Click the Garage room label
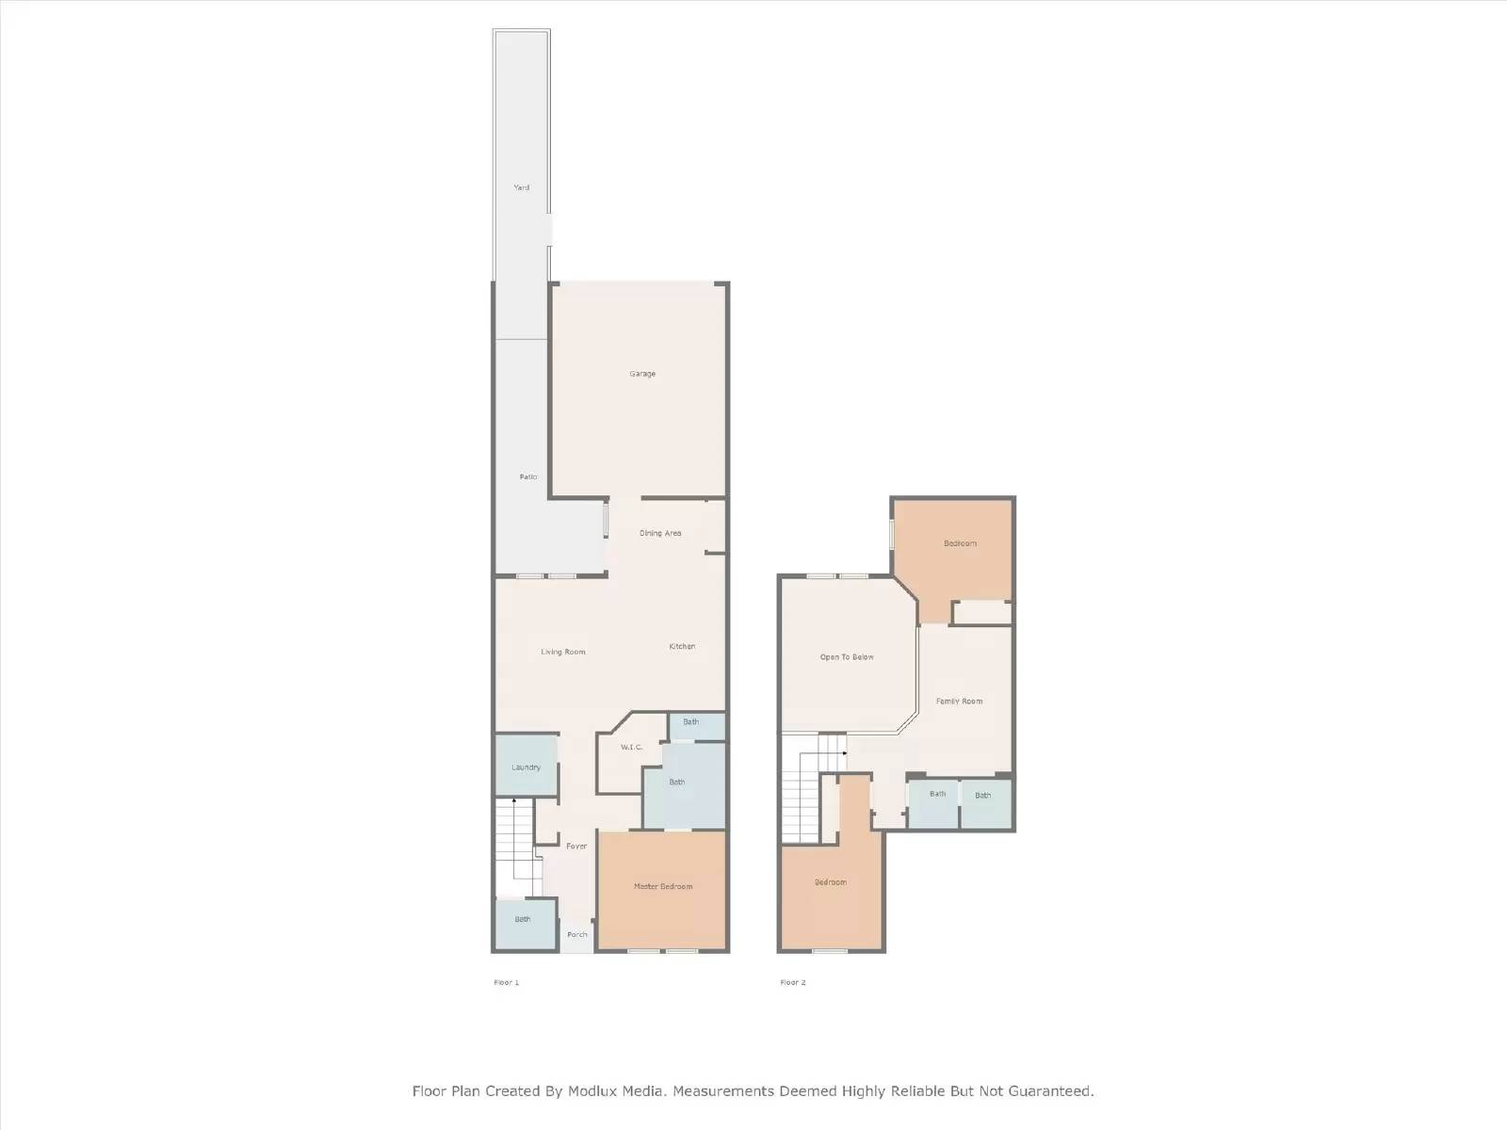[642, 374]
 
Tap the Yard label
[521, 187]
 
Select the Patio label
[528, 477]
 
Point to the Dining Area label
[660, 533]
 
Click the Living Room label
[563, 652]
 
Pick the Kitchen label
[682, 646]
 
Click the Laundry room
[526, 767]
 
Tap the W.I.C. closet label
[631, 748]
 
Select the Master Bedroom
[663, 886]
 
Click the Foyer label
[576, 846]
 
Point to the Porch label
[577, 934]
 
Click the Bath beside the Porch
[523, 919]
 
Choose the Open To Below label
[847, 657]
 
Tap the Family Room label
[959, 701]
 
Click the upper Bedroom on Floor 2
[960, 543]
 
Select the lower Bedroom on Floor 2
[831, 882]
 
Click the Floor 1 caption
[506, 982]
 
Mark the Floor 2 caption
[792, 982]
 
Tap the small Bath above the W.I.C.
[691, 722]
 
